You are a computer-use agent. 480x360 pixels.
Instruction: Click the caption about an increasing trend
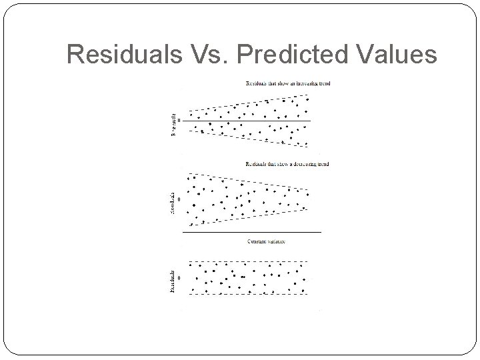pos(287,83)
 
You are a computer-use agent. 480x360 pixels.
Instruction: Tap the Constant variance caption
pos(267,241)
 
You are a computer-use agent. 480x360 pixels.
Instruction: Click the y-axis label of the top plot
pos(174,123)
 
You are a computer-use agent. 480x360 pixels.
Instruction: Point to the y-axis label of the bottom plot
pos(174,280)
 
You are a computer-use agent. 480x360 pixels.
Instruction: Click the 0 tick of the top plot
pos(179,121)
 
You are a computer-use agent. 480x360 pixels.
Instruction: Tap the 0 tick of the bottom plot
pos(179,278)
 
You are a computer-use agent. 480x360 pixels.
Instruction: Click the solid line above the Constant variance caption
pos(253,231)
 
